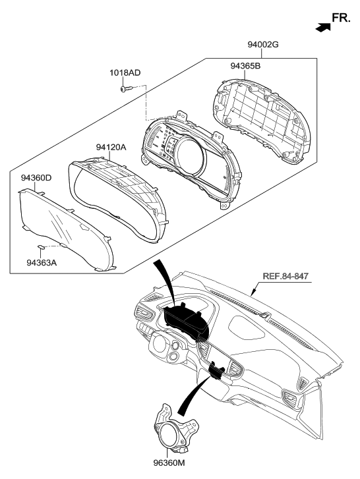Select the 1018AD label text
point(125,72)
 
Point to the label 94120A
point(111,148)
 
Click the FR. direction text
point(342,20)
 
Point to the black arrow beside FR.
point(322,27)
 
